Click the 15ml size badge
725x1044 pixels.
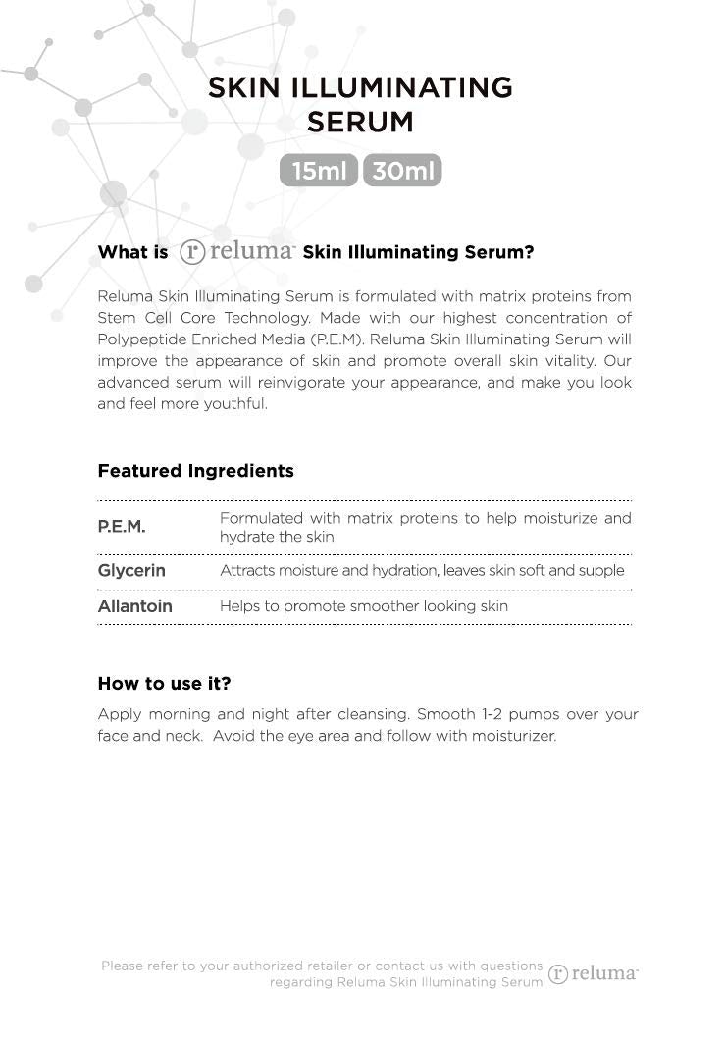pos(319,171)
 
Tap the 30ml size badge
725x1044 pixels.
pos(402,171)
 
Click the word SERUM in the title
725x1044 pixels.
pos(360,123)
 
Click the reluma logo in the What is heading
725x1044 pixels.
pos(237,252)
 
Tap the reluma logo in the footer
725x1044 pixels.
pos(593,973)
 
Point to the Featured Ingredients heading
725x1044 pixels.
pos(195,471)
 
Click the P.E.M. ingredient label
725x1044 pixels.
pos(122,527)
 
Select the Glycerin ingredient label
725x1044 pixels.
pos(131,570)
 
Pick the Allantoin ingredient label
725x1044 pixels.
pos(134,606)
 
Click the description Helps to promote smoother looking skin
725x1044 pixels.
pos(363,606)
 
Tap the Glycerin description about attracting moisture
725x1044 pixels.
pos(422,570)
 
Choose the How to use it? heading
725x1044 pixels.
pos(164,684)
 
